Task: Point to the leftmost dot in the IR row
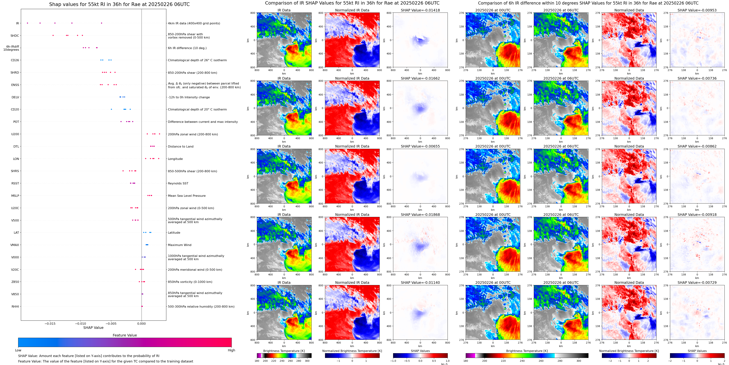pyautogui.click(x=27, y=23)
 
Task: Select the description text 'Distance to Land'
pyautogui.click(x=180, y=146)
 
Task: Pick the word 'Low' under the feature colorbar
pyautogui.click(x=18, y=350)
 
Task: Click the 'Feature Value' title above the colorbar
pyautogui.click(x=125, y=335)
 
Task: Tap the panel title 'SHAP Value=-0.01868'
pyautogui.click(x=420, y=215)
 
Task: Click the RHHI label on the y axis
pyautogui.click(x=15, y=306)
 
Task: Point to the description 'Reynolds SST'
pyautogui.click(x=178, y=183)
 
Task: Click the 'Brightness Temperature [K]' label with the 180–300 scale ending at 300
pyautogui.click(x=284, y=351)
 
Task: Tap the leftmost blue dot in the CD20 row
pyautogui.click(x=111, y=109)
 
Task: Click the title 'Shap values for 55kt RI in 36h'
pyautogui.click(x=119, y=4)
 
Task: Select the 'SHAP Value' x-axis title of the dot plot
pyautogui.click(x=93, y=328)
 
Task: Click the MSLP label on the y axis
pyautogui.click(x=15, y=196)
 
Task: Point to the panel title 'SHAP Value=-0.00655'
pyautogui.click(x=420, y=146)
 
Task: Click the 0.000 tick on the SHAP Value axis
pyautogui.click(x=141, y=323)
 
